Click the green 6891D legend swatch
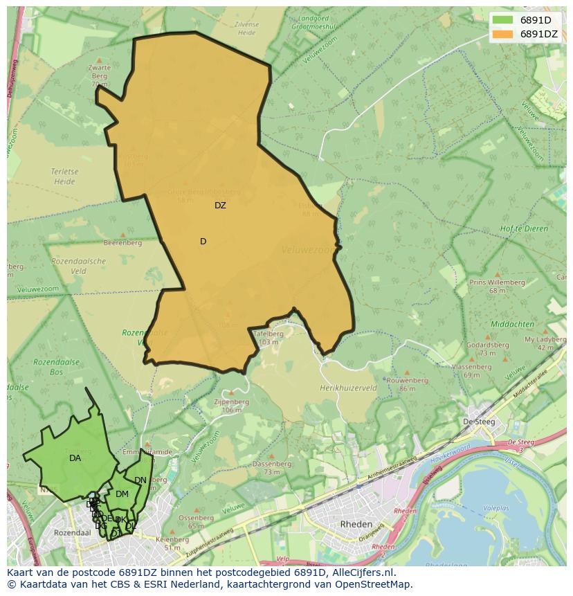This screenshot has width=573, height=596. click(503, 19)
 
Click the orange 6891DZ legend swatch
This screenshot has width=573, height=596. click(503, 34)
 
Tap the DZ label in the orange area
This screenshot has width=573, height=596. click(220, 206)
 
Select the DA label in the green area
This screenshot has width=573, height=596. click(75, 458)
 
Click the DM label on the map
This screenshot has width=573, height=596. click(122, 494)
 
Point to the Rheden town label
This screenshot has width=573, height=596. click(356, 524)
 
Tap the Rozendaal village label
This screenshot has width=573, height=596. click(73, 533)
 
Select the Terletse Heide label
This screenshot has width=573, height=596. click(63, 177)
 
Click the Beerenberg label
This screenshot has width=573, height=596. click(122, 243)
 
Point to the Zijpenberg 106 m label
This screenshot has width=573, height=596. click(231, 405)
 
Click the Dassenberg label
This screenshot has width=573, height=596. click(271, 467)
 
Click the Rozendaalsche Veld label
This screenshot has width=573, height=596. click(78, 266)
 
